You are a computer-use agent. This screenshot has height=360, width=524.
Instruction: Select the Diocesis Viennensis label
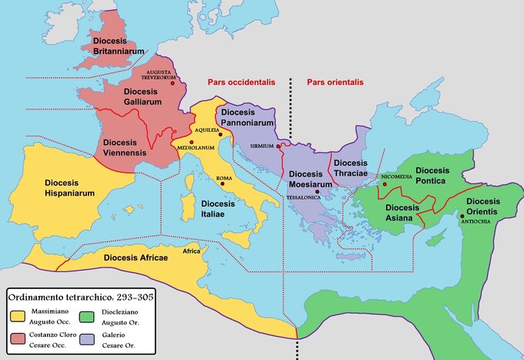click(x=129, y=148)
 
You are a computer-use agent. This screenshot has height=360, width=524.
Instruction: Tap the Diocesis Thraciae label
click(x=351, y=168)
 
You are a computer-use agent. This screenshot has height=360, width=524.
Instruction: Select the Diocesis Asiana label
click(x=404, y=213)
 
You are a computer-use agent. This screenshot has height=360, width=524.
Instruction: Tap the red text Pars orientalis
click(x=334, y=81)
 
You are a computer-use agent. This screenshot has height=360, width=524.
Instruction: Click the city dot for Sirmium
click(x=280, y=144)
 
